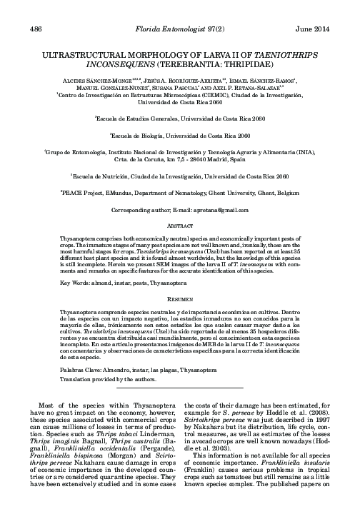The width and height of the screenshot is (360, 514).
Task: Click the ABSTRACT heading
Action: (x=180, y=226)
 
